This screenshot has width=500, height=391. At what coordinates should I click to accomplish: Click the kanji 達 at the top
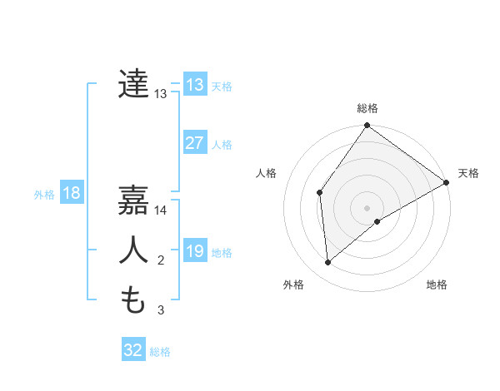pyautogui.click(x=134, y=84)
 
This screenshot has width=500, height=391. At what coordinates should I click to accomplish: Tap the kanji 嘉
pyautogui.click(x=134, y=200)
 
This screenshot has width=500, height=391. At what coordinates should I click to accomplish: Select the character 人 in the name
pyautogui.click(x=134, y=250)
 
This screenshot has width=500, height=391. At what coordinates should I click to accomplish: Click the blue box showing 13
pyautogui.click(x=194, y=85)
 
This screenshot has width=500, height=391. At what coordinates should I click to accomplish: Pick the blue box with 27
pyautogui.click(x=194, y=143)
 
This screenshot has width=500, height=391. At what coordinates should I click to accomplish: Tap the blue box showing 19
pyautogui.click(x=194, y=251)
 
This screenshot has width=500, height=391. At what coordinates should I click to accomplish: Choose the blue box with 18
pyautogui.click(x=71, y=193)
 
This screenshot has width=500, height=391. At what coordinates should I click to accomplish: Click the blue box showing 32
pyautogui.click(x=133, y=350)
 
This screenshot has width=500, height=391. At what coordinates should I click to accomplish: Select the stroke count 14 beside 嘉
pyautogui.click(x=161, y=210)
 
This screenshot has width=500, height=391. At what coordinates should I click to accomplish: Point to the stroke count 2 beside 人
pyautogui.click(x=161, y=260)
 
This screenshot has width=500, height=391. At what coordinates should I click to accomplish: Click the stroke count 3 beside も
pyautogui.click(x=161, y=310)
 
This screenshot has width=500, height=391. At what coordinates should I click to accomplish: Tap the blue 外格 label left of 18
pyautogui.click(x=44, y=195)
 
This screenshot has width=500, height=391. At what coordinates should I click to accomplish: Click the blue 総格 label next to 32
pyautogui.click(x=160, y=352)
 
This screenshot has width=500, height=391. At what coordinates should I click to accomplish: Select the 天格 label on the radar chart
pyautogui.click(x=468, y=173)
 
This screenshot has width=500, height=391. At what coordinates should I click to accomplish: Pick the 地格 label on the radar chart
pyautogui.click(x=437, y=285)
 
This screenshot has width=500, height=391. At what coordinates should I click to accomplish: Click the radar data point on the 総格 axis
pyautogui.click(x=367, y=126)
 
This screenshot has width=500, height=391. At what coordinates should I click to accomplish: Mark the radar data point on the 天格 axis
pyautogui.click(x=446, y=182)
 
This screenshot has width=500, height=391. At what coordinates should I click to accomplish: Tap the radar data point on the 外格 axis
pyautogui.click(x=328, y=262)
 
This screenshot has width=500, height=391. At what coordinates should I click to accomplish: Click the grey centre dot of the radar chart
pyautogui.click(x=367, y=207)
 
